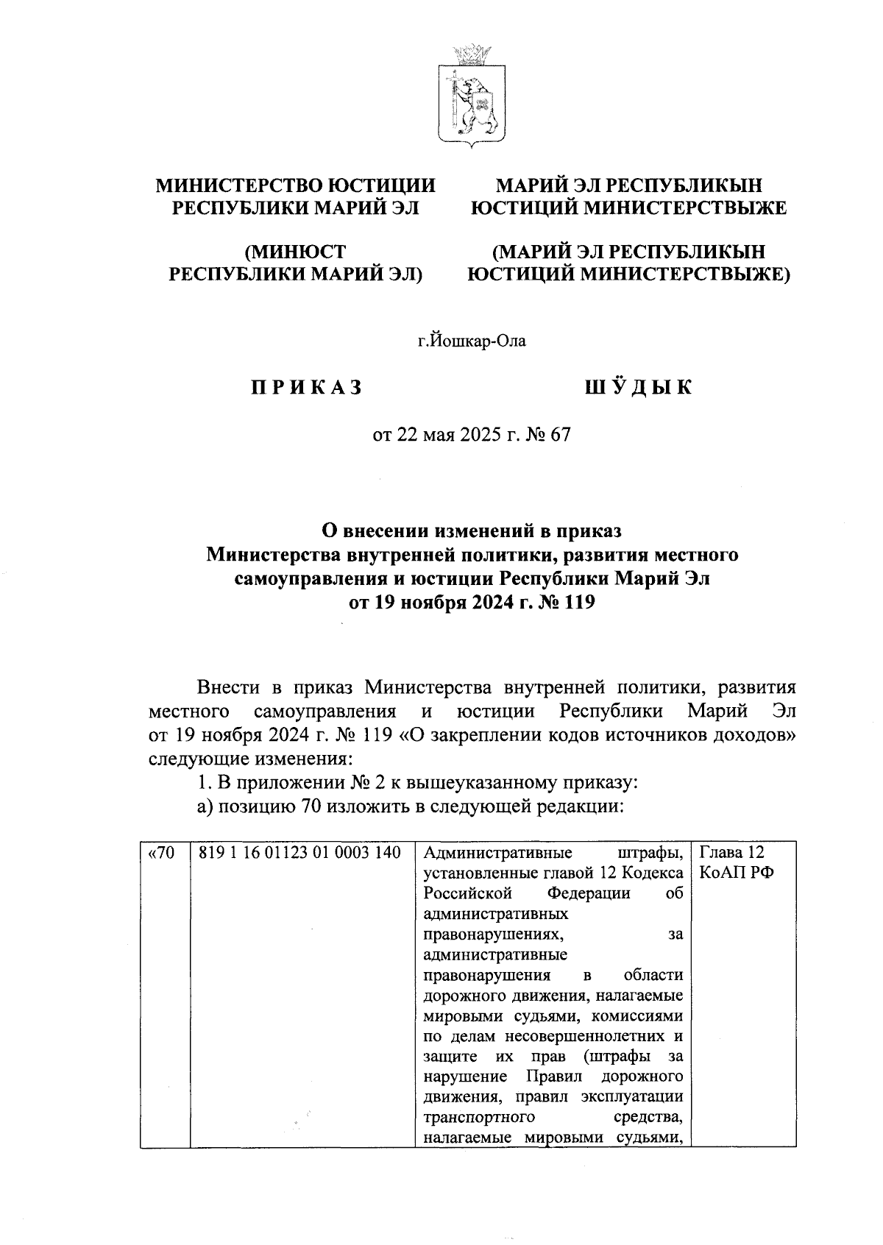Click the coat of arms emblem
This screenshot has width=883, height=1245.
[x=471, y=93]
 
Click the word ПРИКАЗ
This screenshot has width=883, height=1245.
[x=307, y=388]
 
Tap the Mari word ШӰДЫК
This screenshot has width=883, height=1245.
[x=638, y=388]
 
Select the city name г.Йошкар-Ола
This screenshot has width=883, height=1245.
[x=472, y=341]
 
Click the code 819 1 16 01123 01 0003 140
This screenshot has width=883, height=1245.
[x=299, y=854]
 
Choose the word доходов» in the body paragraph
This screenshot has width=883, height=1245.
[x=756, y=735]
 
